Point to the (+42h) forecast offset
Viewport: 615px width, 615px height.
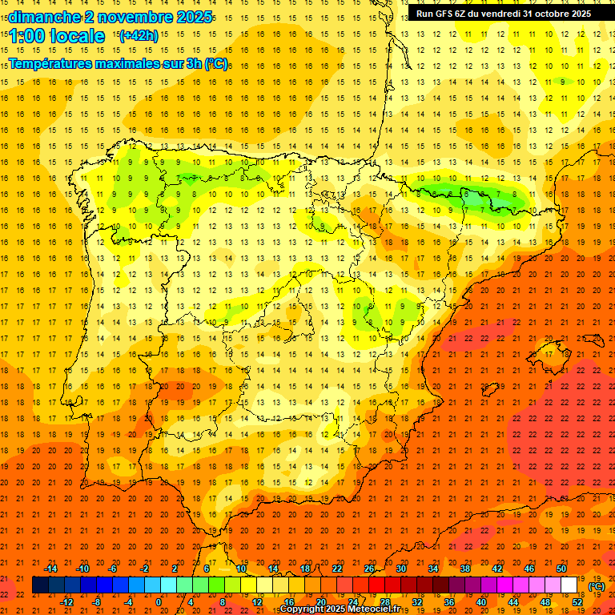pyautogui.click(x=138, y=36)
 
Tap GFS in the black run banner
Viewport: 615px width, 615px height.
pyautogui.click(x=447, y=14)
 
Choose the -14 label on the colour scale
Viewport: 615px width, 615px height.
pyautogui.click(x=50, y=569)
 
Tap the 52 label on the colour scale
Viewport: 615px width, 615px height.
pyautogui.click(x=577, y=602)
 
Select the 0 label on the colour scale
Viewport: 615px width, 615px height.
pyautogui.click(x=159, y=602)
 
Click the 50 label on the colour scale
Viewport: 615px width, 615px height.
pyautogui.click(x=561, y=569)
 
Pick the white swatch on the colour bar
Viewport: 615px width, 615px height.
pyautogui.click(x=569, y=585)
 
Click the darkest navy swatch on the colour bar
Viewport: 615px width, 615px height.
pyautogui.click(x=40, y=585)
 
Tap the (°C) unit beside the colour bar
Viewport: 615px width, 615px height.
pyautogui.click(x=597, y=586)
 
